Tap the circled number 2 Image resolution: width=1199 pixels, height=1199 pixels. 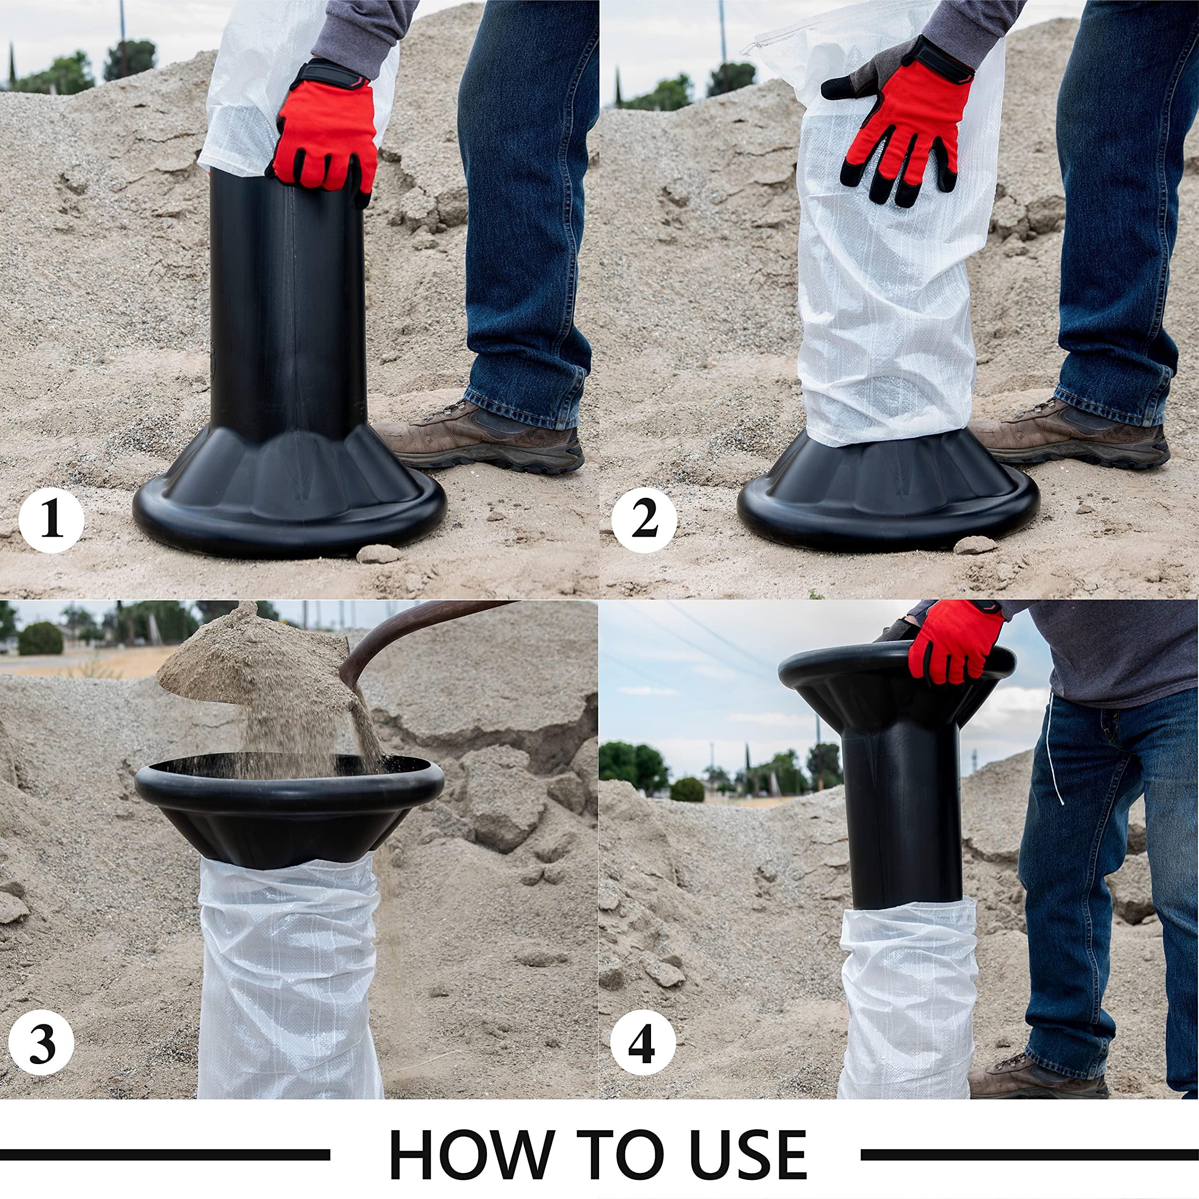click(644, 521)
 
